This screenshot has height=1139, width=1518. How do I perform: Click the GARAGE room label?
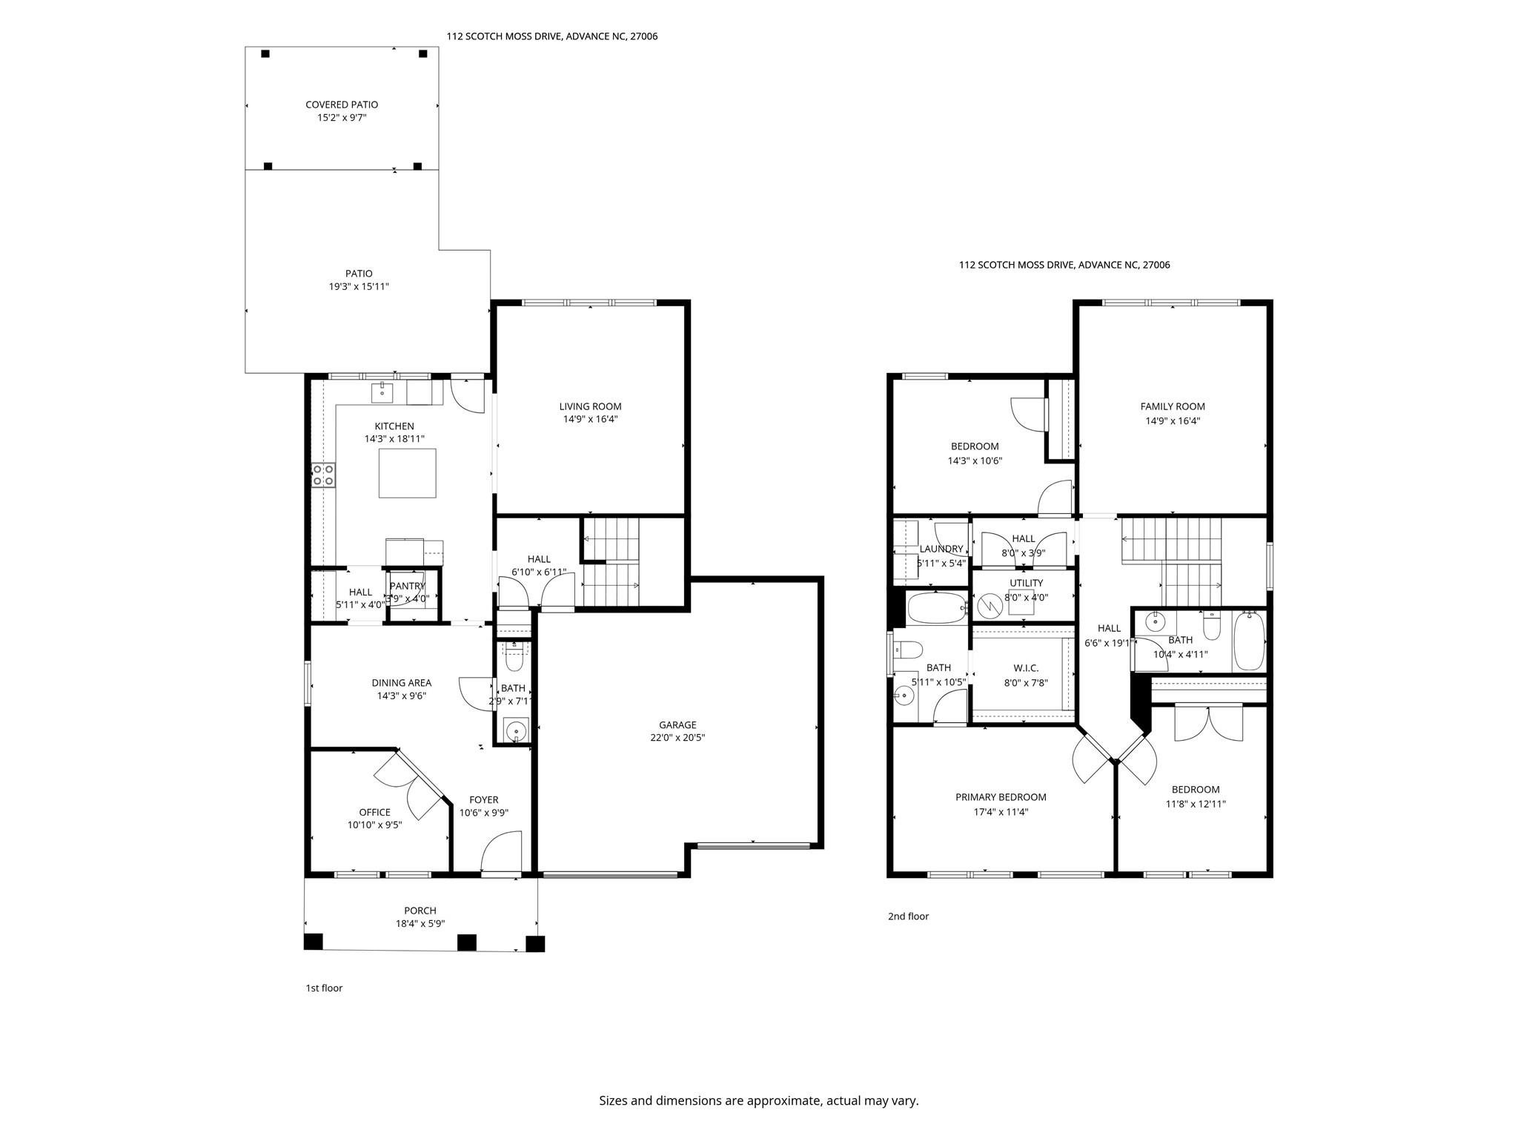click(x=677, y=724)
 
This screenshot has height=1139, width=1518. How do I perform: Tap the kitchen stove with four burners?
click(x=323, y=475)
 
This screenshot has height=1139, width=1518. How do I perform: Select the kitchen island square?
click(x=407, y=473)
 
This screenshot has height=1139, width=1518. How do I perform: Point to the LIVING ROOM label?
click(x=590, y=406)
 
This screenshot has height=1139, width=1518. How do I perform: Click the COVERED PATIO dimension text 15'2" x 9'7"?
click(x=342, y=118)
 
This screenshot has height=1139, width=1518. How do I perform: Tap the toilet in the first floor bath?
click(x=513, y=657)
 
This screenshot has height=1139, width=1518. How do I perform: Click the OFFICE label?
click(x=374, y=812)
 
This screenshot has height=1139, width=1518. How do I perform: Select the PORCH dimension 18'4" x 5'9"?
click(x=420, y=924)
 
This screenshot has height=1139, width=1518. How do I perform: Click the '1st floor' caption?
click(x=324, y=988)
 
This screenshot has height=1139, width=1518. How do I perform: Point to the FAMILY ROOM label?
click(x=1172, y=406)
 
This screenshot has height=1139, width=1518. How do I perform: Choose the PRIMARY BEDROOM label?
click(x=1001, y=797)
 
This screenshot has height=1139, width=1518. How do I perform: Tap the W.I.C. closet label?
click(x=1026, y=668)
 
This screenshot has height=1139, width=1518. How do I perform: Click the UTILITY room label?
click(x=1026, y=583)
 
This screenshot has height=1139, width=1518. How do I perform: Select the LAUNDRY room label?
click(x=941, y=549)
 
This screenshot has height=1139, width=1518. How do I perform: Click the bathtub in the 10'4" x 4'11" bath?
click(x=1249, y=641)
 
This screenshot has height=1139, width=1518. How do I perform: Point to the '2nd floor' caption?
click(x=908, y=916)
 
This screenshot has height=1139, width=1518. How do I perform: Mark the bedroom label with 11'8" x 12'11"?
click(x=1195, y=790)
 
